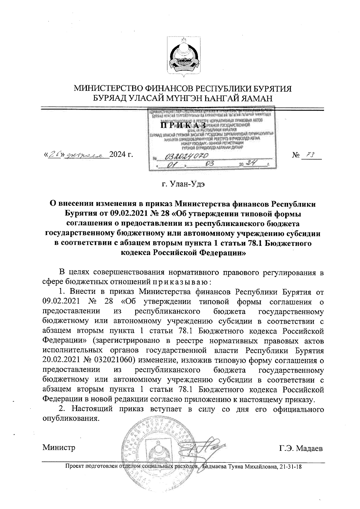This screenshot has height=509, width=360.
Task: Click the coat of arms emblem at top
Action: click(183, 57)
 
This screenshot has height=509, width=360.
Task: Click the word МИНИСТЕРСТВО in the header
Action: click(109, 89)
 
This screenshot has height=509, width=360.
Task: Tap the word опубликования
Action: click(71, 418)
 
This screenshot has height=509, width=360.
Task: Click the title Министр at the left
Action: click(59, 448)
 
